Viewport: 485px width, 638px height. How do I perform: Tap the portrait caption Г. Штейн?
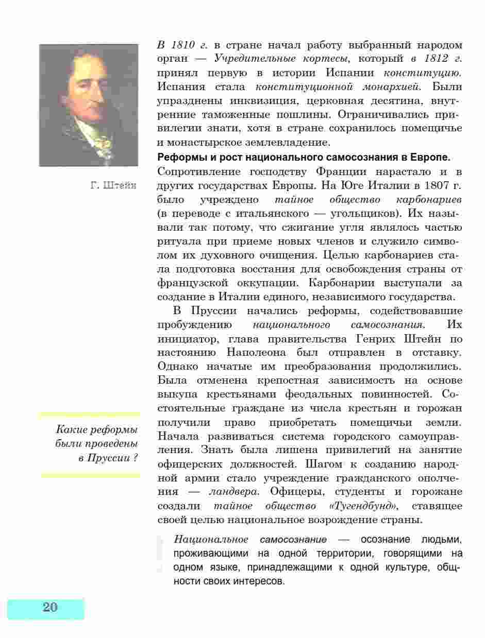113,185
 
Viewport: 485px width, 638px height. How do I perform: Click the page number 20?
50,607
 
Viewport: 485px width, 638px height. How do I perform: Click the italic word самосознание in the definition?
293,540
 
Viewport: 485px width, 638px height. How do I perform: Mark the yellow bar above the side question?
90,414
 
